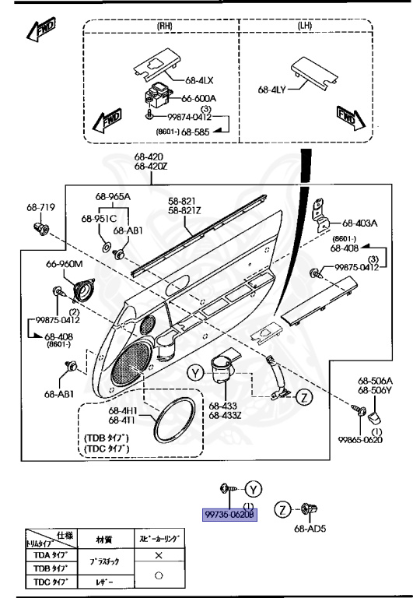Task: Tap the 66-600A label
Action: [x=199, y=99]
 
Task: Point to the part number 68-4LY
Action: [x=273, y=90]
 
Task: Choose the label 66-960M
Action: [x=64, y=264]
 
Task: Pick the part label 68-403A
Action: [x=360, y=222]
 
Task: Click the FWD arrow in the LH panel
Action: [x=347, y=118]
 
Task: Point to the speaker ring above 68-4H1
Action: [x=174, y=421]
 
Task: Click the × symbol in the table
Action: [x=159, y=557]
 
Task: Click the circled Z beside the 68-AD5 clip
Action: [x=284, y=510]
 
